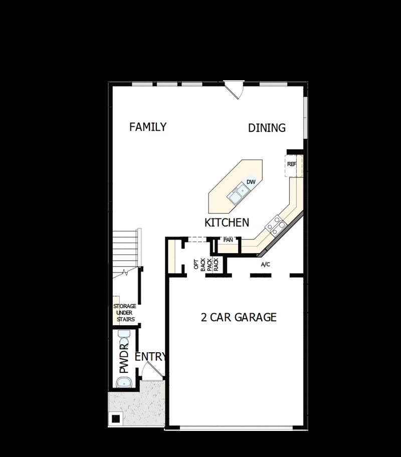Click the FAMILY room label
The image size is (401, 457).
147,127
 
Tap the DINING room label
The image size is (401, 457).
267,128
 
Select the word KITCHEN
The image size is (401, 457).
227,222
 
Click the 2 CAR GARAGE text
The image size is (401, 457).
239,317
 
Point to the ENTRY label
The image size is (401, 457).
150,357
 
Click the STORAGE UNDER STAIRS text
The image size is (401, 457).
124,313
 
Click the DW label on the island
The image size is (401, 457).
251,182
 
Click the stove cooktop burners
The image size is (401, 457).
276,225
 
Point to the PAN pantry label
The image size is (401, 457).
228,240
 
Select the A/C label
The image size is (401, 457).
266,265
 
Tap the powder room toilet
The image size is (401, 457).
123,335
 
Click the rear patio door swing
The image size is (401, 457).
234,90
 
